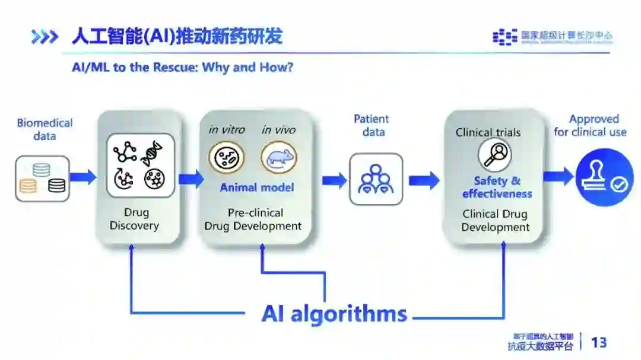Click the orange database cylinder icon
pyautogui.click(x=28, y=186)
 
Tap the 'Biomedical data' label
pyautogui.click(x=45, y=129)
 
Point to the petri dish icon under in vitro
pyautogui.click(x=226, y=158)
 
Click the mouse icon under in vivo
pyautogui.click(x=278, y=158)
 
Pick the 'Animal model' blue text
pyautogui.click(x=256, y=187)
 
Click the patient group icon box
pyautogui.click(x=376, y=179)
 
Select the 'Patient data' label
pyautogui.click(x=372, y=125)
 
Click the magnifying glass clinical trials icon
pyautogui.click(x=495, y=154)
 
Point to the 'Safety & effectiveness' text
pyautogui.click(x=497, y=187)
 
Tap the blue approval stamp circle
pyautogui.click(x=604, y=177)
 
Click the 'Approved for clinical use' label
pyautogui.click(x=590, y=125)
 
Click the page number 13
pyautogui.click(x=599, y=342)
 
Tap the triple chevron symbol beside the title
pyautogui.click(x=45, y=37)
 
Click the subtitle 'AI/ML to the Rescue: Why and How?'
pyautogui.click(x=183, y=67)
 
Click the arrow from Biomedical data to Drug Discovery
pyautogui.click(x=83, y=177)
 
